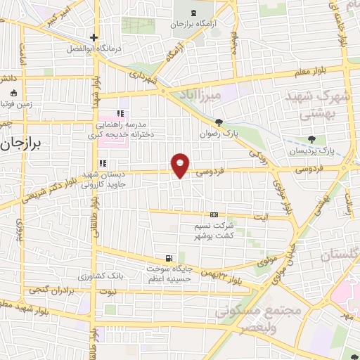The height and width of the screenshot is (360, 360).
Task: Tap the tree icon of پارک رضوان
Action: [x=219, y=122]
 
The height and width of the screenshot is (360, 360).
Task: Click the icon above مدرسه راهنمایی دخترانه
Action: [x=120, y=113]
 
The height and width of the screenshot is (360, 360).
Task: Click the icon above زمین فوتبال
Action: [x=13, y=93]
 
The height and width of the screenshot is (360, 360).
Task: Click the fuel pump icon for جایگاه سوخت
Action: [x=167, y=258]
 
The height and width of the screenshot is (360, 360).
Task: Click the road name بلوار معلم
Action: [x=313, y=70]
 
